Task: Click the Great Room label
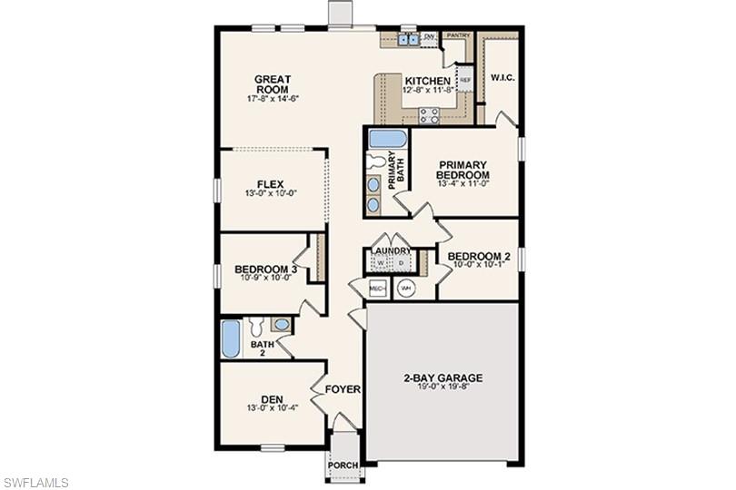272,83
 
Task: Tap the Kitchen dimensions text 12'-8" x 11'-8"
428,90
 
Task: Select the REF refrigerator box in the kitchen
465,80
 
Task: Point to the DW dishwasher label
429,36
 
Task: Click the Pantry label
459,35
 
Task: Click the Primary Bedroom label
462,170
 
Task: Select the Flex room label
271,184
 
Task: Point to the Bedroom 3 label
266,269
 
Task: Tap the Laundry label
391,250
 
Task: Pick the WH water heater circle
406,289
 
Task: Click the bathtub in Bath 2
231,339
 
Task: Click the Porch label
343,465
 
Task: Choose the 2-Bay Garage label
443,378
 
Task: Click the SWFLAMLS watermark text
36,482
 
